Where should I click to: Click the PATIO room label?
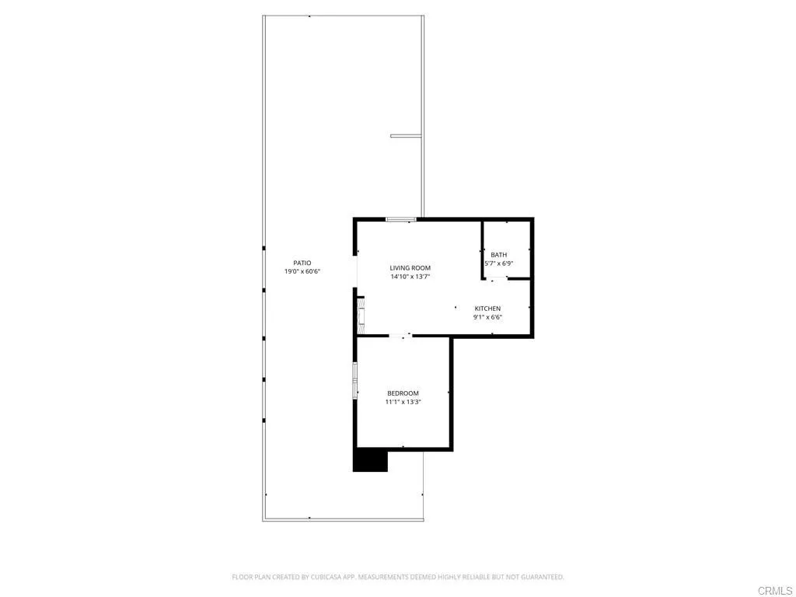click(302, 263)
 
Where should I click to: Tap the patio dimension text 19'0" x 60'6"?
click(302, 271)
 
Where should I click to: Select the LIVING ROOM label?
click(410, 267)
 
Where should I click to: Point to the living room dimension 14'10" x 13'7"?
click(410, 277)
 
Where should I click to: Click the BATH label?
click(498, 254)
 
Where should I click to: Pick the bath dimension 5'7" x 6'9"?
click(499, 264)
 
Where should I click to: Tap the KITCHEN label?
click(487, 308)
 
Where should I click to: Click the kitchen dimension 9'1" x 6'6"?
click(487, 317)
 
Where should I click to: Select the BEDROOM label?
click(403, 393)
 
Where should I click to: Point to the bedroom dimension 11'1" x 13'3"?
click(403, 402)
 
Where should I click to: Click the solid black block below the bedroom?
click(370, 460)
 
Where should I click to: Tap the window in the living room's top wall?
click(401, 219)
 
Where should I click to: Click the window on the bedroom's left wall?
click(355, 379)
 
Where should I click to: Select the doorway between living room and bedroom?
click(400, 336)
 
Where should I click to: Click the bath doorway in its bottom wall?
click(496, 278)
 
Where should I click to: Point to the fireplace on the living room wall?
click(361, 316)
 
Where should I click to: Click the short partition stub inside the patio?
click(406, 135)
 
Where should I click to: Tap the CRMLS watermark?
click(776, 591)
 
